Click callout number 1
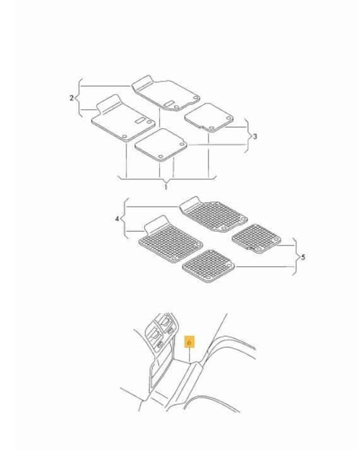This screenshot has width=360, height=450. pos(165,187)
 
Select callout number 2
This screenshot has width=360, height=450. pos(71,98)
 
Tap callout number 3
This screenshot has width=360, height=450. pos(255,136)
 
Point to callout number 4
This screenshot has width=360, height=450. pos(117,219)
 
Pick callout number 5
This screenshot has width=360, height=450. pos(303,257)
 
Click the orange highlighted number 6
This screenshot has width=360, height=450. pos(189,341)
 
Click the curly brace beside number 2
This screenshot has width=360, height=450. pos(79,98)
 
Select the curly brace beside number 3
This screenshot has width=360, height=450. pos(247,136)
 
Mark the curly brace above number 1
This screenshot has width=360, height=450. pos(167,179)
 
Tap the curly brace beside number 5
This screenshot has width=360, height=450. pos(295,257)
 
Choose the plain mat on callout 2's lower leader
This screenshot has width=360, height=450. pos(123,118)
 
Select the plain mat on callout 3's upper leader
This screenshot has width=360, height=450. pos(208,117)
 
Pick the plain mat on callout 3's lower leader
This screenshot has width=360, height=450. pos(161,145)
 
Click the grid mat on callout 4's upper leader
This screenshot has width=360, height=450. pos(213,214)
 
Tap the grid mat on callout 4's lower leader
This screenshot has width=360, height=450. pos(171,239)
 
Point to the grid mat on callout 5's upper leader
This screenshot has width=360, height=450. pos(256,239)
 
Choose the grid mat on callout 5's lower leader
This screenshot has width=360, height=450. pos(208,266)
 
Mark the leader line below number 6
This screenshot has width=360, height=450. pos(189,355)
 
